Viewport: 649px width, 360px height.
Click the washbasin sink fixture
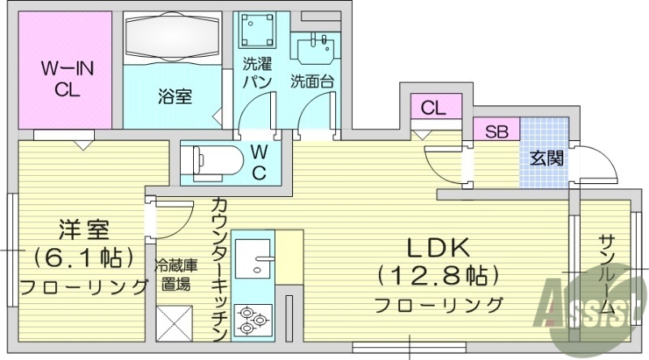[x=317, y=50]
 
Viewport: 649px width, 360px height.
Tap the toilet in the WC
[x=213, y=158]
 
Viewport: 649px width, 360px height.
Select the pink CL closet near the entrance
[x=434, y=107]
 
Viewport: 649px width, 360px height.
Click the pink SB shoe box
[x=496, y=131]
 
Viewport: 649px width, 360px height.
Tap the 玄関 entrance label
[x=544, y=157]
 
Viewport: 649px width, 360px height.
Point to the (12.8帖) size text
[x=437, y=276]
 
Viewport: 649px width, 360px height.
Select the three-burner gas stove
[x=253, y=319]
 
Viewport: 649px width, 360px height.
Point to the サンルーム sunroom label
[x=607, y=276]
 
